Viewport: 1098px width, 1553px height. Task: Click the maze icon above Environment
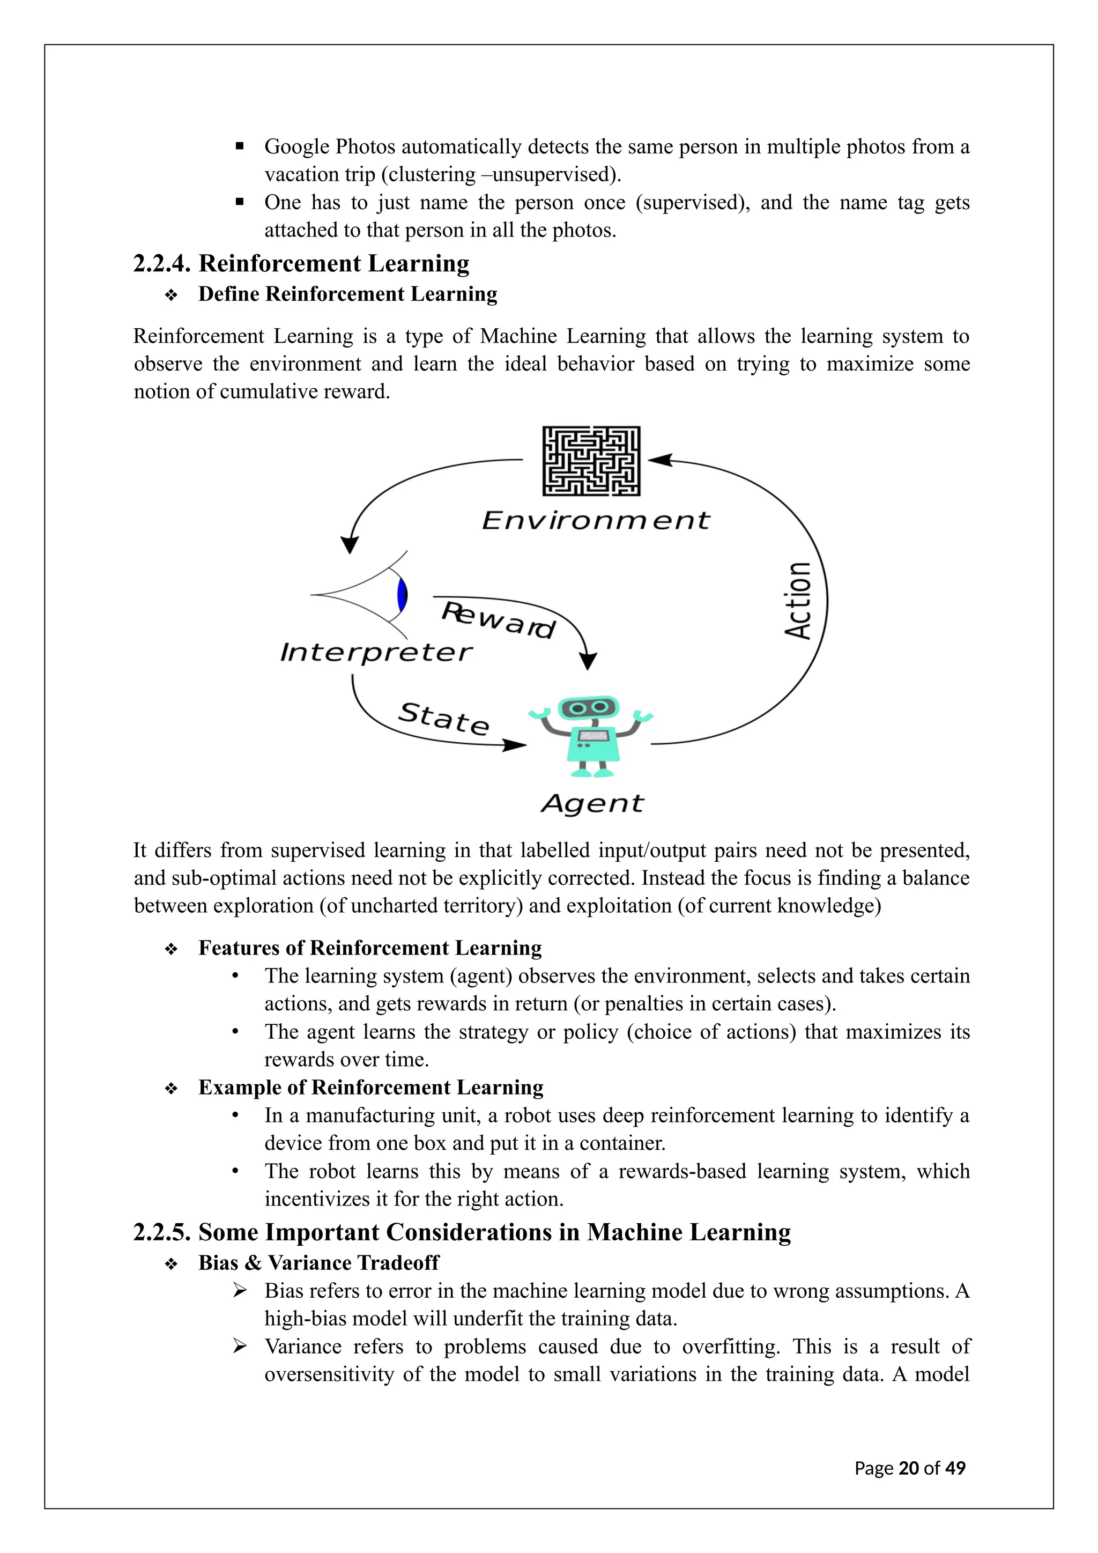[591, 461]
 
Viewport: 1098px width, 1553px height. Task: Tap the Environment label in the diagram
[596, 520]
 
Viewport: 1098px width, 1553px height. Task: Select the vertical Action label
[798, 601]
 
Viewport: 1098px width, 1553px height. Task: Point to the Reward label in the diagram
[498, 619]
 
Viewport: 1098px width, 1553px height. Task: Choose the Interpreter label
[376, 652]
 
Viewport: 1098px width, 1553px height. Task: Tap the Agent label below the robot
[592, 803]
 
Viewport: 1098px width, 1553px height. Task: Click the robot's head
[588, 708]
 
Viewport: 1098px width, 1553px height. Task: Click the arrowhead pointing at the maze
[659, 460]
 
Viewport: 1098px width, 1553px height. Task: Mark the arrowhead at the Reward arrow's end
[588, 661]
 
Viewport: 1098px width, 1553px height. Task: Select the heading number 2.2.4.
[161, 264]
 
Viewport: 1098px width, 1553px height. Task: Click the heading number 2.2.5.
[161, 1232]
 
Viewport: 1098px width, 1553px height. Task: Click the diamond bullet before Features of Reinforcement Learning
[171, 950]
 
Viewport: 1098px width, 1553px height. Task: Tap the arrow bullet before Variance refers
[239, 1347]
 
